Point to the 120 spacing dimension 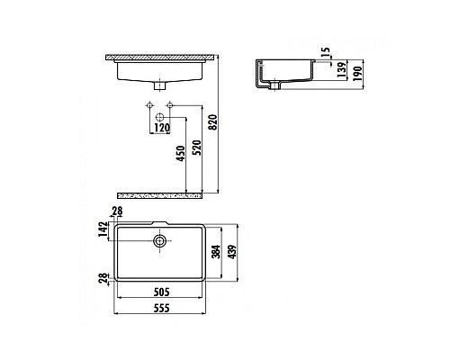[x=163, y=128]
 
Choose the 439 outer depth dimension [x=232, y=252]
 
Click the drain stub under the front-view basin [x=161, y=86]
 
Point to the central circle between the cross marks [x=162, y=118]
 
